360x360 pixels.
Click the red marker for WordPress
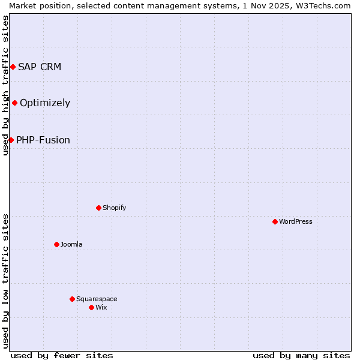[275, 221]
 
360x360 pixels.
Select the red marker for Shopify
[98, 208]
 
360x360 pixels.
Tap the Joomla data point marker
[56, 244]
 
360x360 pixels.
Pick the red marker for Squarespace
[72, 299]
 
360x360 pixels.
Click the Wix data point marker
[91, 307]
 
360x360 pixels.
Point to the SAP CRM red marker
[13, 67]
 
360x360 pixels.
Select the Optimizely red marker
[14, 103]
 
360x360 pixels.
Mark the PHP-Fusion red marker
[11, 140]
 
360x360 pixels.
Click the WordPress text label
[296, 221]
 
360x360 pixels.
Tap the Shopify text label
[114, 208]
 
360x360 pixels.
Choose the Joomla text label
[71, 244]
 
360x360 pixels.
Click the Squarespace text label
[97, 299]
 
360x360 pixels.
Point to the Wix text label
[101, 307]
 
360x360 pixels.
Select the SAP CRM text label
[40, 67]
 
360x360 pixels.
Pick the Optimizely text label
[45, 103]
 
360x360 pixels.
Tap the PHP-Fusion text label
[43, 140]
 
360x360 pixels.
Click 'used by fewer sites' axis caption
[62, 355]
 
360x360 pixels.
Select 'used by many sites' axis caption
[301, 355]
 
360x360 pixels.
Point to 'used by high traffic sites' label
[5, 85]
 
